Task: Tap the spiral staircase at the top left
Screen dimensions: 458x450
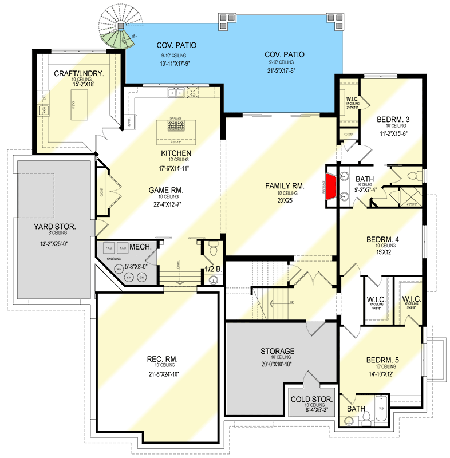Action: (x=117, y=29)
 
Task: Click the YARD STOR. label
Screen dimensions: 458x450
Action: (x=55, y=227)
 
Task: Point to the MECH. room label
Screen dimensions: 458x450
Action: (x=140, y=247)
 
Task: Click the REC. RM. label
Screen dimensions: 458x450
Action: (x=162, y=359)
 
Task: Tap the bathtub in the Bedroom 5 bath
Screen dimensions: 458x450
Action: (x=381, y=409)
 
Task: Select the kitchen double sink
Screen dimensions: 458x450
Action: (x=176, y=93)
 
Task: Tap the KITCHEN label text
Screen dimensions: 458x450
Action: (x=176, y=153)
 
